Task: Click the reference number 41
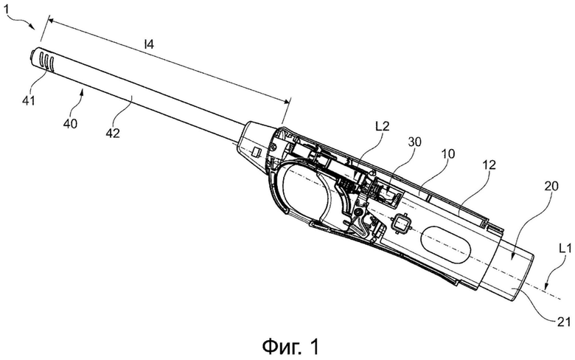click(x=29, y=100)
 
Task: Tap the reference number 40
click(x=70, y=123)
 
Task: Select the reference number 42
click(x=113, y=133)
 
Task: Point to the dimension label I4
click(x=148, y=45)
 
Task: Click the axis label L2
click(x=382, y=126)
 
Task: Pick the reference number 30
click(x=414, y=142)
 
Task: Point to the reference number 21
click(x=564, y=322)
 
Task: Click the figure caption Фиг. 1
click(x=290, y=347)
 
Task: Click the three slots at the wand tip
click(x=47, y=62)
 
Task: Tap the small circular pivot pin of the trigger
click(x=358, y=212)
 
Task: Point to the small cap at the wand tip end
click(x=32, y=55)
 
